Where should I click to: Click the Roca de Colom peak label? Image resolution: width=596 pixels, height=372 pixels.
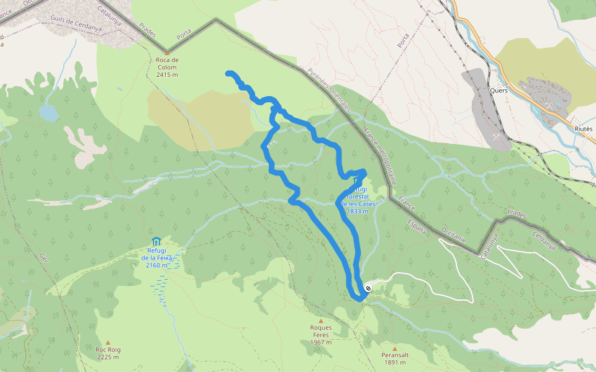(x=167, y=67)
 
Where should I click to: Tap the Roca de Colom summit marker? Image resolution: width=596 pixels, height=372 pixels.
(x=167, y=53)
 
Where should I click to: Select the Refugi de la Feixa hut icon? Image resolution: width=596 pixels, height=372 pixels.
(x=156, y=241)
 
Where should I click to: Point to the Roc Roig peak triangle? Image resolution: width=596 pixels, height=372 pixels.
(x=108, y=342)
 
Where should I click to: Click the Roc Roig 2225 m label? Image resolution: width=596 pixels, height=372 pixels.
(x=108, y=353)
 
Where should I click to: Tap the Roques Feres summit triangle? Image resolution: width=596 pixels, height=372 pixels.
(x=321, y=321)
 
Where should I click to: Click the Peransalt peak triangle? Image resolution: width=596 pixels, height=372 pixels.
(x=394, y=348)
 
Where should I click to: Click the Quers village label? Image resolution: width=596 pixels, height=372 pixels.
(x=499, y=90)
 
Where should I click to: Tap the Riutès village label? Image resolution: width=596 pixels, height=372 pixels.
(x=584, y=128)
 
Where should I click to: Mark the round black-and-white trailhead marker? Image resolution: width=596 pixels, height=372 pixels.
(x=368, y=288)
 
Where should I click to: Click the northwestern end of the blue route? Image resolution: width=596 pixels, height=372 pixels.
(x=229, y=74)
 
